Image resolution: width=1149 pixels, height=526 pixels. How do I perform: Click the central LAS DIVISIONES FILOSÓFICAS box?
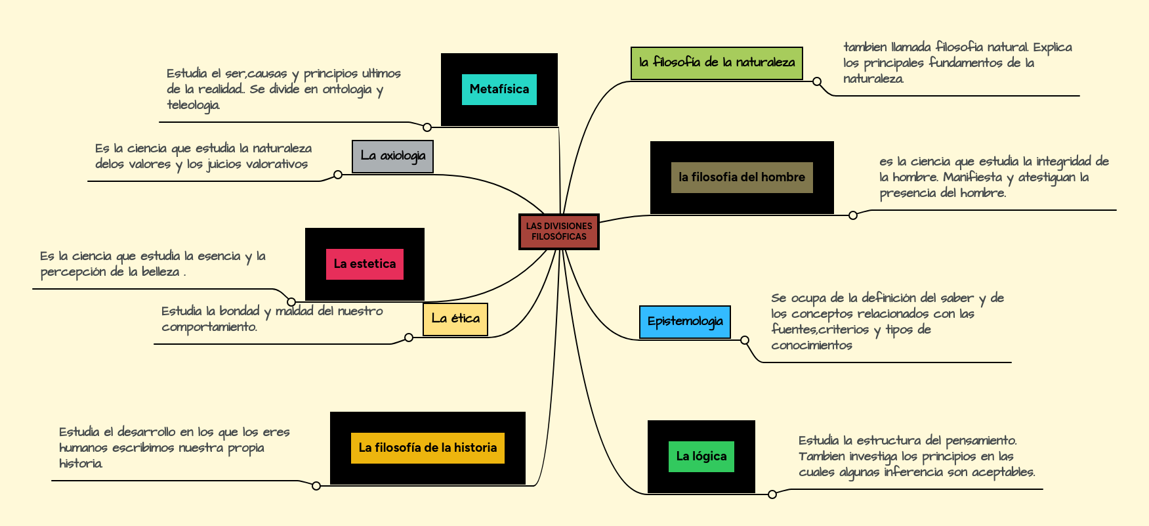click(558, 231)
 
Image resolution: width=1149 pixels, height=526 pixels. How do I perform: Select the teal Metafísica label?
click(499, 89)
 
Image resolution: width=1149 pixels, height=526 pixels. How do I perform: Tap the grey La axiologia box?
click(392, 156)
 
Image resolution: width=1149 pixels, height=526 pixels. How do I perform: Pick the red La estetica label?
click(364, 264)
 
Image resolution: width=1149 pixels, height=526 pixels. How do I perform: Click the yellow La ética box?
click(455, 319)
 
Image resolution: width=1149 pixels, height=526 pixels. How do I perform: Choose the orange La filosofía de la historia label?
click(427, 448)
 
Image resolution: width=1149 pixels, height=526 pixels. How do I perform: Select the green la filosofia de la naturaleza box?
click(717, 63)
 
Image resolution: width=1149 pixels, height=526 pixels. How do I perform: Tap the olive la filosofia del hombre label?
click(742, 177)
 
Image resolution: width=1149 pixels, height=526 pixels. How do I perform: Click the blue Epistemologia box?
click(684, 322)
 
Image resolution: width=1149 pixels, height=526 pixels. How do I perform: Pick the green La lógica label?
click(701, 456)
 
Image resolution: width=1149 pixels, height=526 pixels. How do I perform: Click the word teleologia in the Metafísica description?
click(193, 105)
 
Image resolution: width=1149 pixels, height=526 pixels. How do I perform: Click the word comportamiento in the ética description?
click(209, 327)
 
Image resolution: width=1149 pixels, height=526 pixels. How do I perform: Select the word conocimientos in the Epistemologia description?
click(812, 345)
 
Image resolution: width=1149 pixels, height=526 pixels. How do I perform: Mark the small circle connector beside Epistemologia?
click(745, 340)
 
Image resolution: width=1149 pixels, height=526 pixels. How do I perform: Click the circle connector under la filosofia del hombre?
click(853, 215)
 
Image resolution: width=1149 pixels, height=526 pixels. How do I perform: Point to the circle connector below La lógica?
click(772, 494)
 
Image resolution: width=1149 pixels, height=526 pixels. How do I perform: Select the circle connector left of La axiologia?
click(338, 175)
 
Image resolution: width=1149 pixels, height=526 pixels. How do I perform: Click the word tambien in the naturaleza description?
click(865, 47)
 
